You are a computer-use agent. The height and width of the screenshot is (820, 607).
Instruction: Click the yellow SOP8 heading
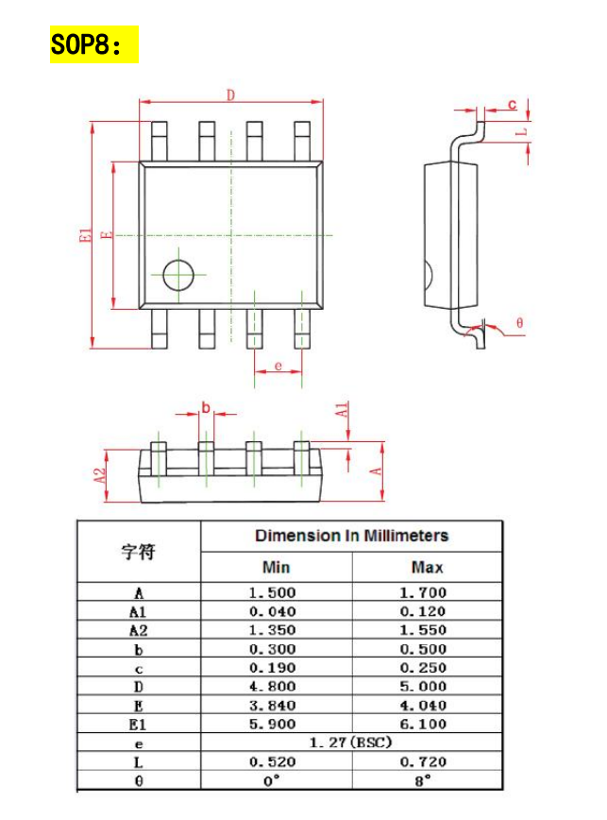[x=93, y=44]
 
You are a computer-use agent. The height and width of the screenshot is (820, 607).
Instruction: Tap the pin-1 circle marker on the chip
[x=177, y=275]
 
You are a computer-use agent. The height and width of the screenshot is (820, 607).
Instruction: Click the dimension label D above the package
[x=230, y=94]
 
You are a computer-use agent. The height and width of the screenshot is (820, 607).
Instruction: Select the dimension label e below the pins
[x=278, y=365]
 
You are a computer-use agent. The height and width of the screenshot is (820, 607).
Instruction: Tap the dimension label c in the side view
[x=512, y=104]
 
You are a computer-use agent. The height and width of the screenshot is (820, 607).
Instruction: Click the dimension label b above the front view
[x=206, y=409]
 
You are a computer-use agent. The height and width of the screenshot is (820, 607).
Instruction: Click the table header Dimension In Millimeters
[x=351, y=536]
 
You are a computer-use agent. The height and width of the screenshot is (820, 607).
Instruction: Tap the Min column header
[x=276, y=568]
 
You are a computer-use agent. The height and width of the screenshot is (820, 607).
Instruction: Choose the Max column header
[x=427, y=568]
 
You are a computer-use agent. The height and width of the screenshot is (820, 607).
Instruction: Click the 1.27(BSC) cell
[x=351, y=743]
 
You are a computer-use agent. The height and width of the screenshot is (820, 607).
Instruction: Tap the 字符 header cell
[x=138, y=552]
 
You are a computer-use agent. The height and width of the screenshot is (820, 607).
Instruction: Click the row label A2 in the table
[x=138, y=630]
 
